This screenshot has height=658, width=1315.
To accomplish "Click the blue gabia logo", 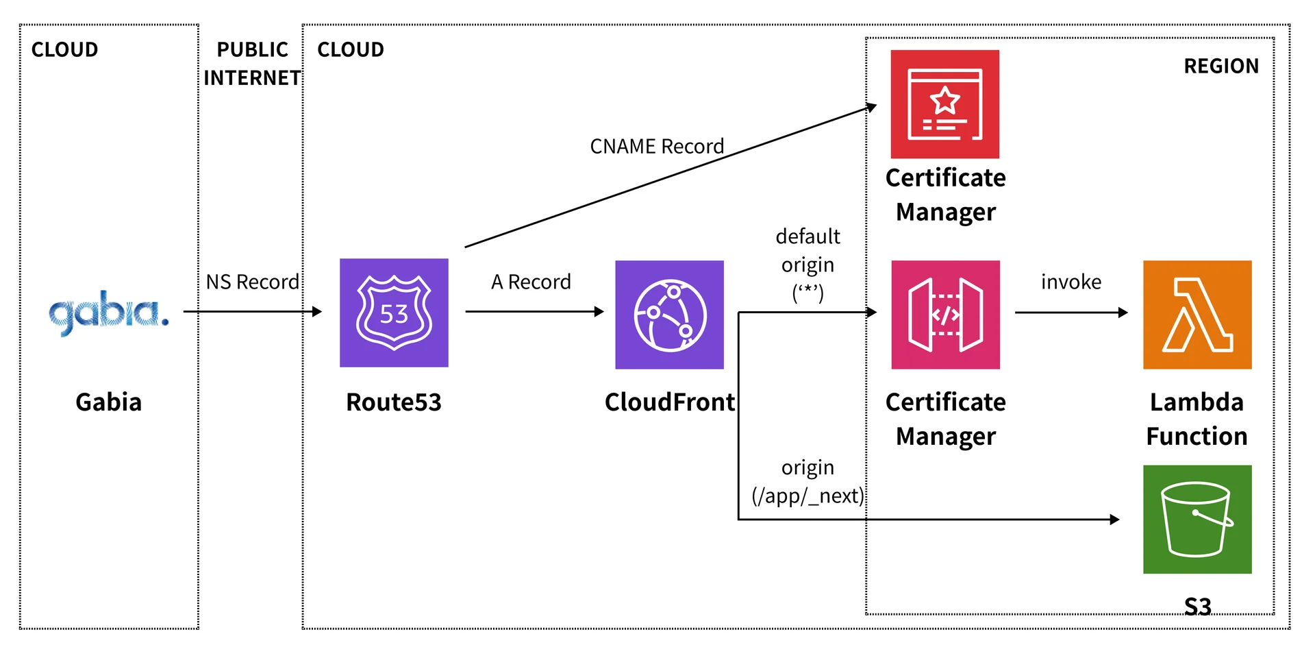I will pos(108,313).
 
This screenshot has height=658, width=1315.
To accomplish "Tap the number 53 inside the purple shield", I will pos(394,314).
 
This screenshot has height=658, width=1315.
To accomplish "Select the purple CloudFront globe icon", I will pos(669,315).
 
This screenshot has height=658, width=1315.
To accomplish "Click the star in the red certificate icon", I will pos(945,101).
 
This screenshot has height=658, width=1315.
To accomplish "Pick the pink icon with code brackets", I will pos(945,315).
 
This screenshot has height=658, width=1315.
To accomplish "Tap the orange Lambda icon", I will pos(1197,315).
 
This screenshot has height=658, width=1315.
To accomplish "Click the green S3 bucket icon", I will pos(1197,520).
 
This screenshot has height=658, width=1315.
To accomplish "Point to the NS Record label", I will pos(252,282).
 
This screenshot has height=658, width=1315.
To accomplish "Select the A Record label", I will pos(531,282).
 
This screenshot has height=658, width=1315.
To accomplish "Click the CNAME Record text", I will pos(657,146).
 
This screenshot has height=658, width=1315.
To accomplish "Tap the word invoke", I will pos(1071,282).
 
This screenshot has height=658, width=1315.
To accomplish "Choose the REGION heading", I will pos(1221,66).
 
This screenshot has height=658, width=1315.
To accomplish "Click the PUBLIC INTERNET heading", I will pos(252,64).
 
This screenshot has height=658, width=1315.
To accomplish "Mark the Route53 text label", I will pos(394,402).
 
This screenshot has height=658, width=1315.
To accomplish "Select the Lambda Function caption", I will pos(1197,419).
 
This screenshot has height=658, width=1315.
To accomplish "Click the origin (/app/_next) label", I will pos(808,481).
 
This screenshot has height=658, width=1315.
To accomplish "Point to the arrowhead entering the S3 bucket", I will pos(1114,520).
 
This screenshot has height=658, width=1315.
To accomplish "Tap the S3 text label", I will pos(1197,607).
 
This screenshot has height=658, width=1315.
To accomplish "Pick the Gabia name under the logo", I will pos(108,402).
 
